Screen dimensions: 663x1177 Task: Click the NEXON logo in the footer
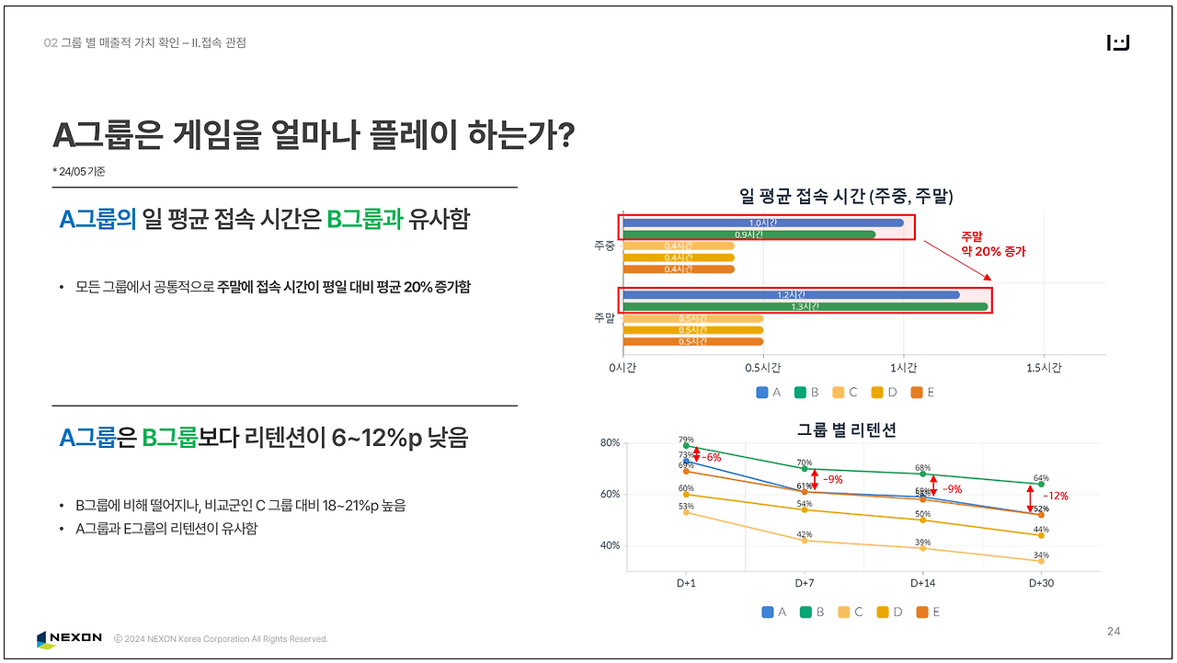click(x=70, y=638)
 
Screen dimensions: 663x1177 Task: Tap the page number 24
click(x=1114, y=631)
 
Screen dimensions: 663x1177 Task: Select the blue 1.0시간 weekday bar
click(x=763, y=223)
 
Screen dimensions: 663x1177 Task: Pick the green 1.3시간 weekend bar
click(x=806, y=306)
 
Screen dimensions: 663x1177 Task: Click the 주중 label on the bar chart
click(x=604, y=246)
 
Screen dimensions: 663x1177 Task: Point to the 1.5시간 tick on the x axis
click(x=1044, y=368)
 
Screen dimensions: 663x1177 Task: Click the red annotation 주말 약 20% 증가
click(x=992, y=244)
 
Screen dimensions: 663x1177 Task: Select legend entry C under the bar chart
click(x=845, y=393)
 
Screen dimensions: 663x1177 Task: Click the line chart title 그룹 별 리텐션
click(x=846, y=429)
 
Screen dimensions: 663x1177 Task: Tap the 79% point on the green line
click(x=686, y=446)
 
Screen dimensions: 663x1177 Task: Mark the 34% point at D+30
click(x=1041, y=561)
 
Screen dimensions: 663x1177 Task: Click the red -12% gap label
click(x=1055, y=496)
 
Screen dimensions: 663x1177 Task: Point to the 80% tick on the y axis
click(x=611, y=442)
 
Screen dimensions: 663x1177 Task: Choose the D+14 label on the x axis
click(x=922, y=583)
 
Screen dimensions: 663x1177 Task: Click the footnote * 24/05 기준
click(x=79, y=172)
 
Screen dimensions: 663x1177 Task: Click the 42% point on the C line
click(x=805, y=540)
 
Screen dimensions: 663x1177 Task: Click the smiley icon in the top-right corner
click(x=1118, y=43)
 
